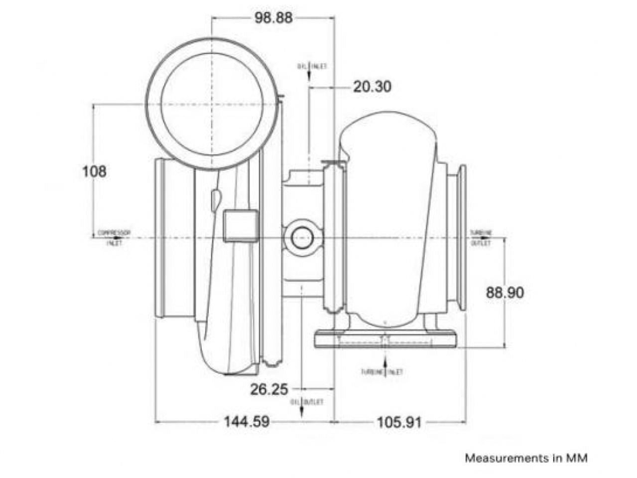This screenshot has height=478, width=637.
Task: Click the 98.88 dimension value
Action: tap(273, 18)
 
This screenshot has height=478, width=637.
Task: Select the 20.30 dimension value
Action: tap(372, 87)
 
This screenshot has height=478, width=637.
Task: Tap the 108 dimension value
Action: tap(94, 172)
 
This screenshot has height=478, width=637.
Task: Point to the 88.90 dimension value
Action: tap(505, 293)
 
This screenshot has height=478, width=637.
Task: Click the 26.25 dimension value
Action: tap(269, 389)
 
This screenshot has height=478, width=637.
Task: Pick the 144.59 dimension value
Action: tap(246, 422)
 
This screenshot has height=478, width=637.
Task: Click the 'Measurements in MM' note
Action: tap(526, 458)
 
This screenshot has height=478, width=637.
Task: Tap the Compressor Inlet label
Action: tap(114, 238)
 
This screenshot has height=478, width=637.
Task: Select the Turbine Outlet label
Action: tap(481, 238)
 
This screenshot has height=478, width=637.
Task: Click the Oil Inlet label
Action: tap(312, 66)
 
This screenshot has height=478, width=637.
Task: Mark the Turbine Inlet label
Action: tap(382, 372)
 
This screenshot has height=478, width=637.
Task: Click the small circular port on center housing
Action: tap(302, 238)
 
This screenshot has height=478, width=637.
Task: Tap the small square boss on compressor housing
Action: tap(241, 226)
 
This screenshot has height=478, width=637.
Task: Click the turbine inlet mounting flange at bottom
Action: tap(385, 340)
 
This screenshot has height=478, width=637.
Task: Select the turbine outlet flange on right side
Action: tap(461, 238)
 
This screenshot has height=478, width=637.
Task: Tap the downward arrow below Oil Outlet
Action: tap(302, 411)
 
